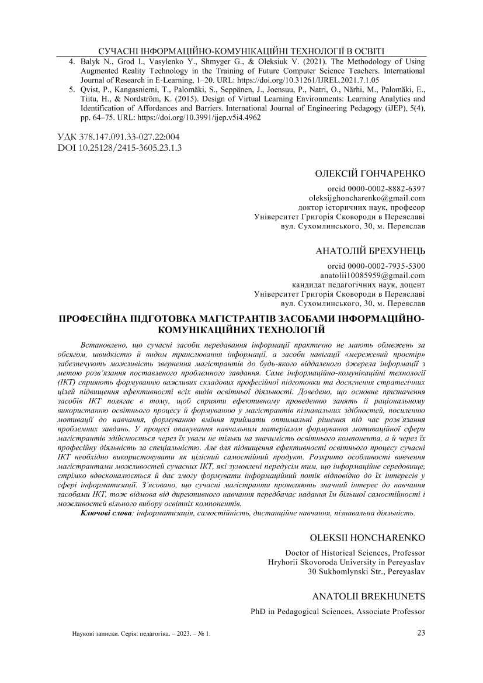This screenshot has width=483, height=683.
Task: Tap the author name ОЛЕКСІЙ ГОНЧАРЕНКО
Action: coord(370,174)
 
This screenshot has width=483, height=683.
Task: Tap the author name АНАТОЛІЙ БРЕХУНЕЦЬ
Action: coord(370,252)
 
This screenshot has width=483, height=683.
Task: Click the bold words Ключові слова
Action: coord(105,513)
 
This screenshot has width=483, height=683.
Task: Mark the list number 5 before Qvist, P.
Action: coord(72,90)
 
